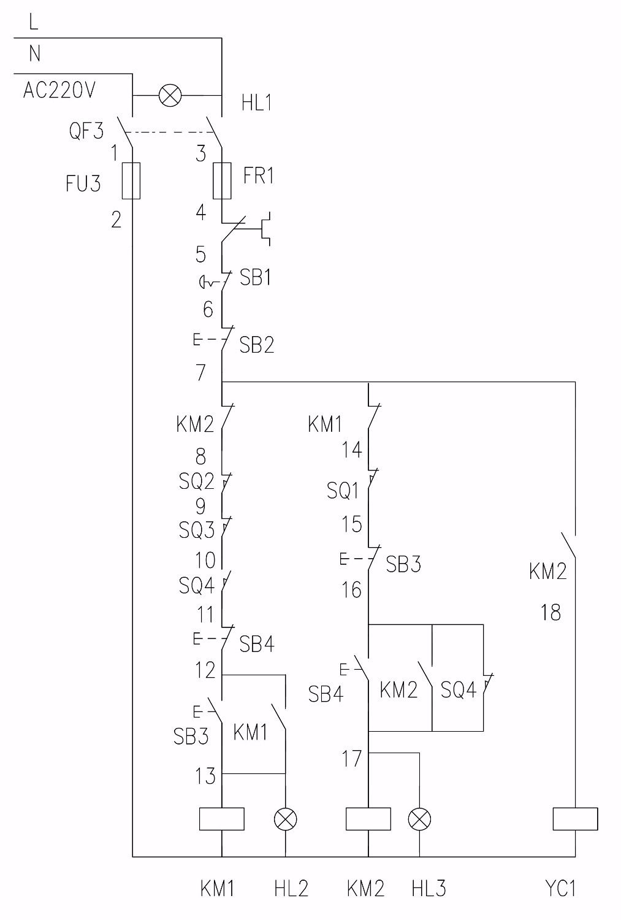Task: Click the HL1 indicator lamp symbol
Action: (170, 96)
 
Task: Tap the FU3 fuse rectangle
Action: (131, 181)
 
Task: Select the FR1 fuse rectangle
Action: (221, 181)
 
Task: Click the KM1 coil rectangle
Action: (222, 819)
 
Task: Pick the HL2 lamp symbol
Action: (286, 819)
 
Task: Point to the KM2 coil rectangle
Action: (368, 819)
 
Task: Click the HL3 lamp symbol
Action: (420, 819)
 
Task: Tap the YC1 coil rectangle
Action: (575, 819)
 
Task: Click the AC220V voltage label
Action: (59, 91)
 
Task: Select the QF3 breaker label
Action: (86, 131)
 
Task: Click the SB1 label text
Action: (256, 278)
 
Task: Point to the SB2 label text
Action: (256, 345)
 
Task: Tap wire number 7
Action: (201, 372)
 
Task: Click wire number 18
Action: (550, 612)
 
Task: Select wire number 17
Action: (352, 759)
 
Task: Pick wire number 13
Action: (205, 776)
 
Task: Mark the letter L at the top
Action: (34, 23)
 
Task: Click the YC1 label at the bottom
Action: (560, 889)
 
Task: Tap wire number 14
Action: (352, 451)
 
